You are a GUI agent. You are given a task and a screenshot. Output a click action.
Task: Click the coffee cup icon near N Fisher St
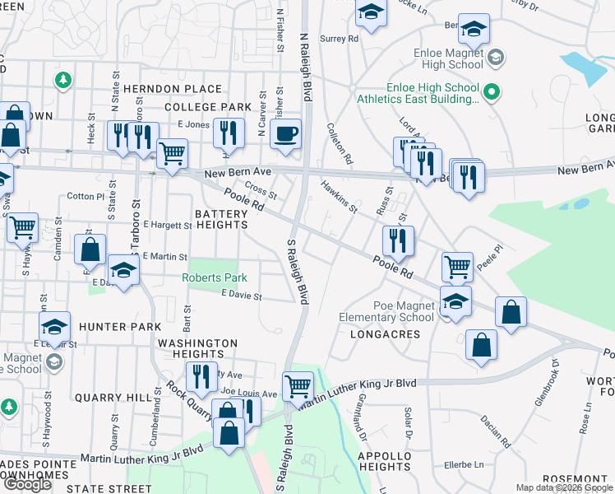285,134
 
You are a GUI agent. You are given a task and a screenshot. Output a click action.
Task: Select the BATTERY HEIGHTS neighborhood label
221,220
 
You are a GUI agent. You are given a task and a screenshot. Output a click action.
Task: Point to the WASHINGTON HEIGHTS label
197,348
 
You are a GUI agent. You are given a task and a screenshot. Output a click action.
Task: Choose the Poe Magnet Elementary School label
386,312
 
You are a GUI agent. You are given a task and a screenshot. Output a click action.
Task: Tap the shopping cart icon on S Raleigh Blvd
297,385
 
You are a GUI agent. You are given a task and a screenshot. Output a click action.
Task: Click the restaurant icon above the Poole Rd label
398,241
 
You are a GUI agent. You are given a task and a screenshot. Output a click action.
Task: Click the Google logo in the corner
27,483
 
